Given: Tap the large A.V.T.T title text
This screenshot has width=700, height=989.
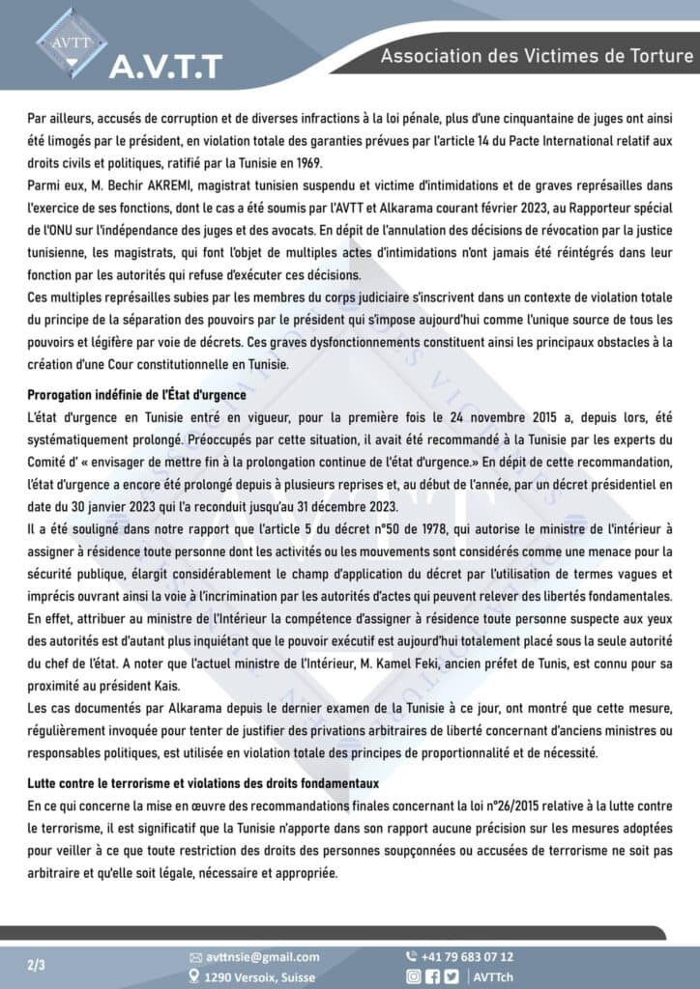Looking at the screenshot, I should coord(165,67).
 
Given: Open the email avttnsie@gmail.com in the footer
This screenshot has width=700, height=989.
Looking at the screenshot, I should coord(263,956).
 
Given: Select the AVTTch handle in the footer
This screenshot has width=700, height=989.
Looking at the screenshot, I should coord(495,976).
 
